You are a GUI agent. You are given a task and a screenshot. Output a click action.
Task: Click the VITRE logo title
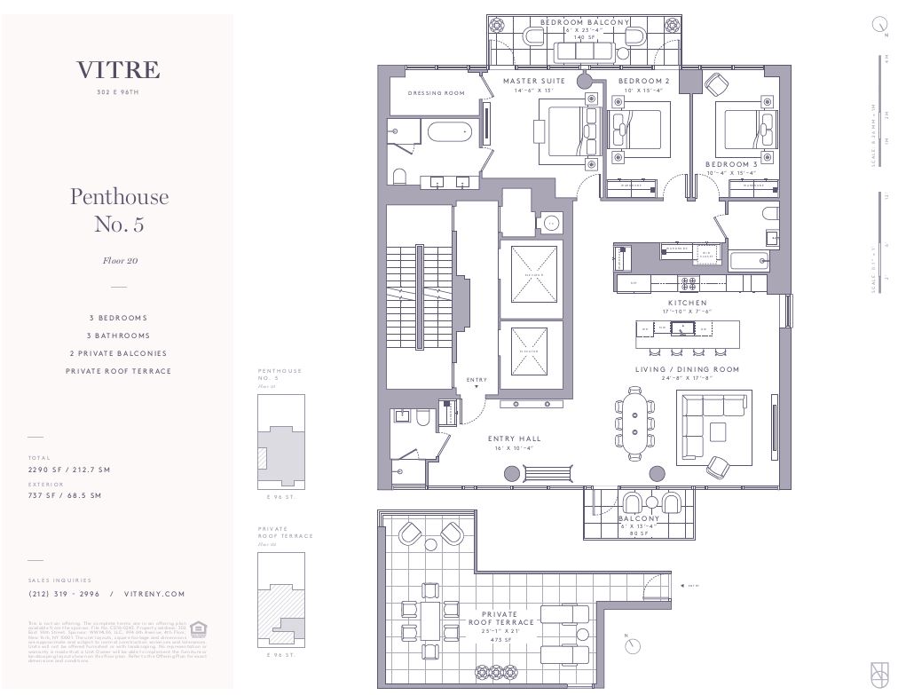[x=118, y=70]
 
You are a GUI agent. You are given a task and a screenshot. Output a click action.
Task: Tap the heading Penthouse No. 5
[x=119, y=209]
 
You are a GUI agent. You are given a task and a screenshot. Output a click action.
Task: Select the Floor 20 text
[x=119, y=261]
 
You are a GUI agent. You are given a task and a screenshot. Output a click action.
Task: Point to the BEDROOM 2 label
[x=643, y=81]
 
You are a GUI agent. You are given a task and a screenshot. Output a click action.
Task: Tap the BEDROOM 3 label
[x=731, y=164]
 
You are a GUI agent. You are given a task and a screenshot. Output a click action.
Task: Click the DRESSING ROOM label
[x=437, y=93]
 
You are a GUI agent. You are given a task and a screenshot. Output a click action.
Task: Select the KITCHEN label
[x=688, y=303]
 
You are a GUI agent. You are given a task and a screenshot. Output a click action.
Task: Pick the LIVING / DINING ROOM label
[x=687, y=369]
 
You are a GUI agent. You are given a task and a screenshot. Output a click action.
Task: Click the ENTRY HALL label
[x=515, y=438]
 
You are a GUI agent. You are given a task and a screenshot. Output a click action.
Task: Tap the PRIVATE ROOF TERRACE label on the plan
[x=501, y=618]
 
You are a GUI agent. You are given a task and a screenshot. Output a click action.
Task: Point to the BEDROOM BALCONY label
[x=584, y=22]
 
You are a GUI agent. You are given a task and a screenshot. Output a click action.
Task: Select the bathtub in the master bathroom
[x=450, y=134]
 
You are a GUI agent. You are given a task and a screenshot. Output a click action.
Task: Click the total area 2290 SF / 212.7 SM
[x=69, y=470]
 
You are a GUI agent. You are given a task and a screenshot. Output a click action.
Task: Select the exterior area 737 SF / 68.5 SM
[x=65, y=495]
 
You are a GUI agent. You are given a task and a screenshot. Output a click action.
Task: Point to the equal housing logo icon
[x=199, y=629]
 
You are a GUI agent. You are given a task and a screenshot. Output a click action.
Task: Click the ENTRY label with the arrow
[x=477, y=381]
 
